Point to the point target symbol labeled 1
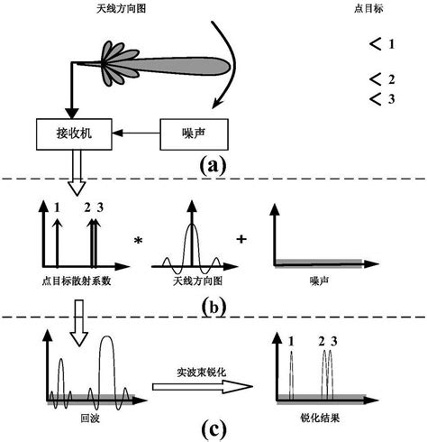(376, 43)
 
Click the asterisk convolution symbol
(138, 240)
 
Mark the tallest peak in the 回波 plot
(107, 341)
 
